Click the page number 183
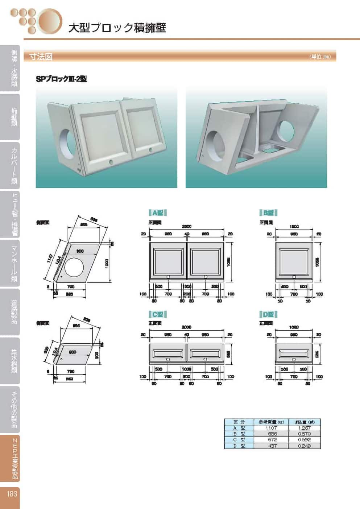click(12, 493)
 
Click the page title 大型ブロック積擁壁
click(117, 28)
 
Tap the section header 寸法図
click(41, 57)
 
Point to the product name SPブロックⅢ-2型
click(61, 79)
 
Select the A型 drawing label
click(158, 213)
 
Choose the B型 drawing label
click(268, 213)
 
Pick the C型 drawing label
click(158, 314)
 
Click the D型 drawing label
click(268, 314)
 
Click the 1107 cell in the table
click(271, 428)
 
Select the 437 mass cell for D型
click(272, 446)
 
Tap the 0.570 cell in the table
click(304, 434)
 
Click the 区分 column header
click(239, 422)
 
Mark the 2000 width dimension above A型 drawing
click(186, 226)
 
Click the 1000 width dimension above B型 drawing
click(294, 226)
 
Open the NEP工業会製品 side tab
click(13, 458)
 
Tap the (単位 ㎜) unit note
click(320, 57)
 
